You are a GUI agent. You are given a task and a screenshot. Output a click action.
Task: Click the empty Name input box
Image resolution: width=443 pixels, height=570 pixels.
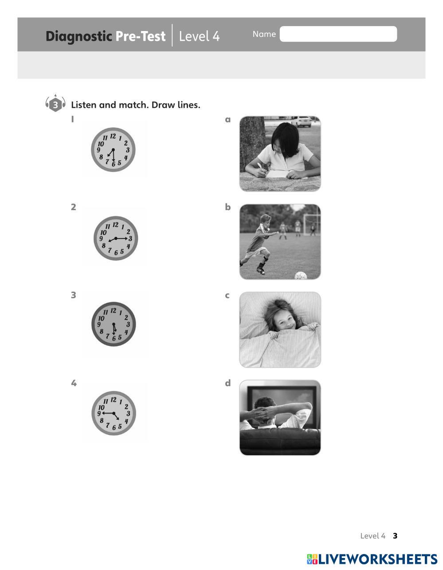tap(338, 34)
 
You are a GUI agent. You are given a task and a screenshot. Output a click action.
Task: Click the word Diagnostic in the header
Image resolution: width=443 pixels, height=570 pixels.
tap(79, 36)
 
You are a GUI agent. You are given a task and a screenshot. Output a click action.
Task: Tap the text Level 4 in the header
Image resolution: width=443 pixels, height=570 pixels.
tap(199, 36)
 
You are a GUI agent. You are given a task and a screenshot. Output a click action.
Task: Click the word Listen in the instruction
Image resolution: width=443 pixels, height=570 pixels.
tap(84, 105)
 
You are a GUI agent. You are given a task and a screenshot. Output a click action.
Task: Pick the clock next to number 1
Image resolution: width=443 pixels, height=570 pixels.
tap(113, 150)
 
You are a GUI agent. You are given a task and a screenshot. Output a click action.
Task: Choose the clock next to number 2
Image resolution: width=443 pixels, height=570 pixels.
tap(116, 238)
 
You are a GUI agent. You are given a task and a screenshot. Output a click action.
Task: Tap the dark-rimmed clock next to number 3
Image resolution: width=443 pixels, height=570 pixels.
tap(114, 324)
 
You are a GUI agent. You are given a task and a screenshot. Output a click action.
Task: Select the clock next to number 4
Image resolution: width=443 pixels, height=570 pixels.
tap(114, 413)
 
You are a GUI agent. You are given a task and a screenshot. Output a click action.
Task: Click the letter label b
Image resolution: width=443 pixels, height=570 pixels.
tap(227, 207)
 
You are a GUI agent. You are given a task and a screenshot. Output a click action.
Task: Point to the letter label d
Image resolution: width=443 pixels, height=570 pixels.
tap(228, 383)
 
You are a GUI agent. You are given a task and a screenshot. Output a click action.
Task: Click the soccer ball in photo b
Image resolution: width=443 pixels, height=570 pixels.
tap(301, 275)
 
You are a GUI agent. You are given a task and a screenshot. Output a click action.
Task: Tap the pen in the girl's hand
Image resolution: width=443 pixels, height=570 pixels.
tap(261, 168)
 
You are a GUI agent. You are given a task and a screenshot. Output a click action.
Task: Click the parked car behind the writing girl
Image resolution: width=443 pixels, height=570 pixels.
tap(302, 121)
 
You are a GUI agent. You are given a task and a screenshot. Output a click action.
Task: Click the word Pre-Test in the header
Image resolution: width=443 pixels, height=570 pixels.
tap(141, 36)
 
